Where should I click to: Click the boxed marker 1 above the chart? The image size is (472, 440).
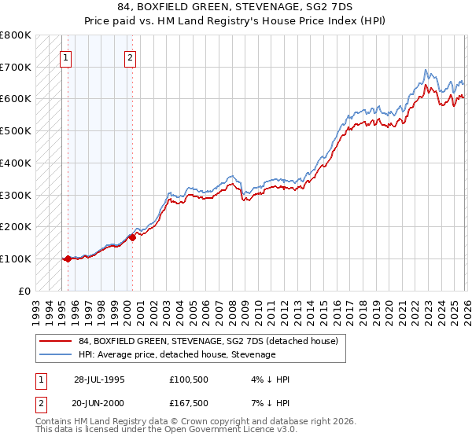66,57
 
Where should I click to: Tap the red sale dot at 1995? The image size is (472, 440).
68,258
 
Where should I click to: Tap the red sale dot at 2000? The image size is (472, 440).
132,237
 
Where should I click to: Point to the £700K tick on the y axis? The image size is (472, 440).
16,67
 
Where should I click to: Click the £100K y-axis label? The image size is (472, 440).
16,258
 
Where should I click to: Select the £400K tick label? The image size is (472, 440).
16,163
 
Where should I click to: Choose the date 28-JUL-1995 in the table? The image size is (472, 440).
99,379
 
